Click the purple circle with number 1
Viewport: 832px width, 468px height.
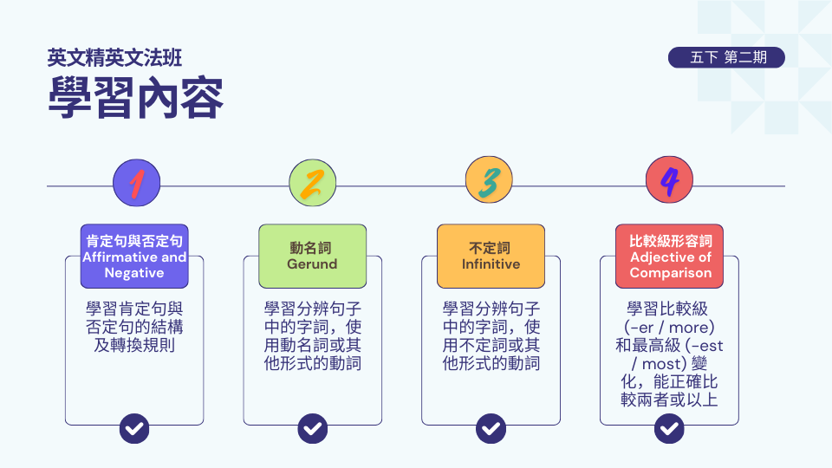pos(136,183)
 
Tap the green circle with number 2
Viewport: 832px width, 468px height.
pos(312,183)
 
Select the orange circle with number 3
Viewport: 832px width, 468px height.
pos(490,183)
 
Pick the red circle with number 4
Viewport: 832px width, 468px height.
pos(669,183)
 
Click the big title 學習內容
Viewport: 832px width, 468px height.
pos(136,97)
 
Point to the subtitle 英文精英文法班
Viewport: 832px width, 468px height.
pos(115,58)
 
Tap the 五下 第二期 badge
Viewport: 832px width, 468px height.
pos(726,58)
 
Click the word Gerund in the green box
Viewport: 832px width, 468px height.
pos(312,264)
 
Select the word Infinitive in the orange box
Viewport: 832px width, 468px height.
pos(491,264)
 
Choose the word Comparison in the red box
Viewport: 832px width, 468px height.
pos(671,273)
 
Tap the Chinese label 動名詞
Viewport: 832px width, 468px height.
pos(312,248)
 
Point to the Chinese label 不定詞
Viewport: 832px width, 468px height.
pos(491,248)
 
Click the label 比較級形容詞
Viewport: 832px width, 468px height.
pos(671,241)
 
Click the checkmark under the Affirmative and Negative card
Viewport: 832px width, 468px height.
pos(134,427)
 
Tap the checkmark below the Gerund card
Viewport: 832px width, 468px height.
pos(313,427)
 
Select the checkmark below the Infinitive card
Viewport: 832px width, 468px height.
pos(491,427)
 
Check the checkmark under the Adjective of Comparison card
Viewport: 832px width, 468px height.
pos(669,427)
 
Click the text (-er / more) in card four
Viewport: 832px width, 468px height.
pos(669,328)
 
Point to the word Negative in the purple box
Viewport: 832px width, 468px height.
pos(134,273)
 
